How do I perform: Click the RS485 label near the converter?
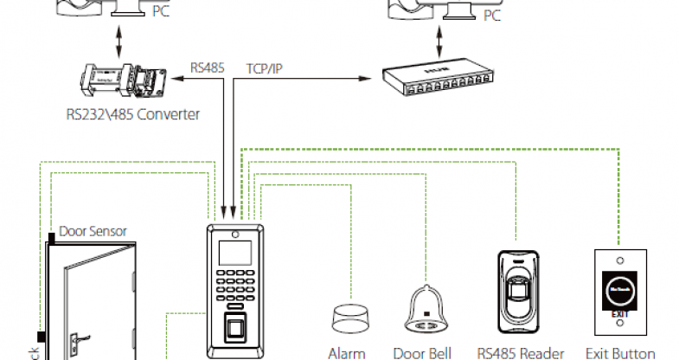(207, 67)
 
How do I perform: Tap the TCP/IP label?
(263, 67)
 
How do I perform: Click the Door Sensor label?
(93, 231)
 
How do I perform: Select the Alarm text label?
(347, 353)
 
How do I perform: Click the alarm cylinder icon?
(347, 317)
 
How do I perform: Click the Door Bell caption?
(421, 353)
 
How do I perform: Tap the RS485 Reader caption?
(520, 353)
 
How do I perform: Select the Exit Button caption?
(620, 353)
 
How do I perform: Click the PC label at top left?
(160, 13)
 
